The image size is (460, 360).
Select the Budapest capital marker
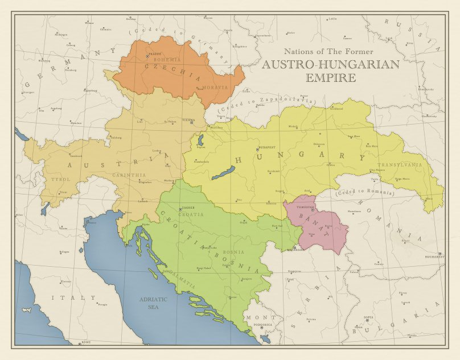[257, 150]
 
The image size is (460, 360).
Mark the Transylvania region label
[404, 164]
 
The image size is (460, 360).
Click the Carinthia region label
[129, 175]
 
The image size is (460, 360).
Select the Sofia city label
[353, 317]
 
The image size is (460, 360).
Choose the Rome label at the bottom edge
[86, 342]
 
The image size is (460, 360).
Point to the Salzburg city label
[116, 137]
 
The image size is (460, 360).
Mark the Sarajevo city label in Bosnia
[246, 279]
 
